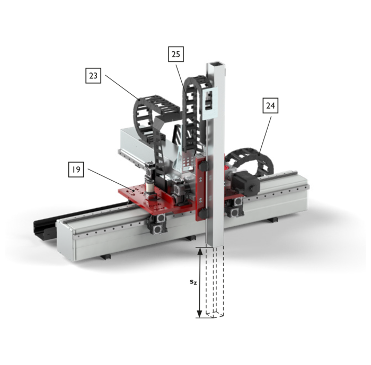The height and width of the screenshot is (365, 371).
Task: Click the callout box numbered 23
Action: coord(93,76)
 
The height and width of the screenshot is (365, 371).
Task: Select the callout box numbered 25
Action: coord(176,54)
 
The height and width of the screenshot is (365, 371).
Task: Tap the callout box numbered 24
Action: coord(270,105)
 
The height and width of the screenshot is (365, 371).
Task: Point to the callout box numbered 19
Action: coord(76,170)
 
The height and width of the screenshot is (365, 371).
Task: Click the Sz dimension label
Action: coord(193,282)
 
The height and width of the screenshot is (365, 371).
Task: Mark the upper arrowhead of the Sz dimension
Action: coord(200,252)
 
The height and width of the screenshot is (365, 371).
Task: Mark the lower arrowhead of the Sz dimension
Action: coord(200,314)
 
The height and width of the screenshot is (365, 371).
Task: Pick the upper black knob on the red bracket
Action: coord(203,166)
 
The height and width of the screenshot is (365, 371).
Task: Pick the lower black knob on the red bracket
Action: coord(203,213)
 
